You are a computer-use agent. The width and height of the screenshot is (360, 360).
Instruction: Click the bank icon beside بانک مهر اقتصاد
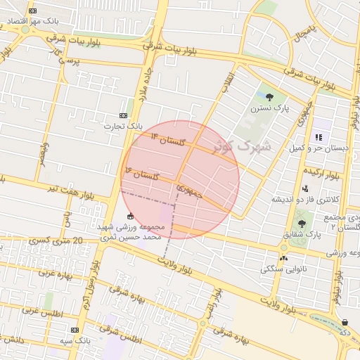[31, 12]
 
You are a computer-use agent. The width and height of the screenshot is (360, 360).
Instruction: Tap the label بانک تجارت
[123, 126]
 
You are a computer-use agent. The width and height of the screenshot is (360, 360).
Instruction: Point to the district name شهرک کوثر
[244, 147]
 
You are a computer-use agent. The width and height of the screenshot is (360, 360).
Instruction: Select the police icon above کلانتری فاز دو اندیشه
[304, 188]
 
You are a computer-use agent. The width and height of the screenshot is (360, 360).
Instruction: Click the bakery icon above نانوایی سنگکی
[283, 258]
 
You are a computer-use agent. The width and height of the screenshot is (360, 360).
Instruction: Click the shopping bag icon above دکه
[345, 322]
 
